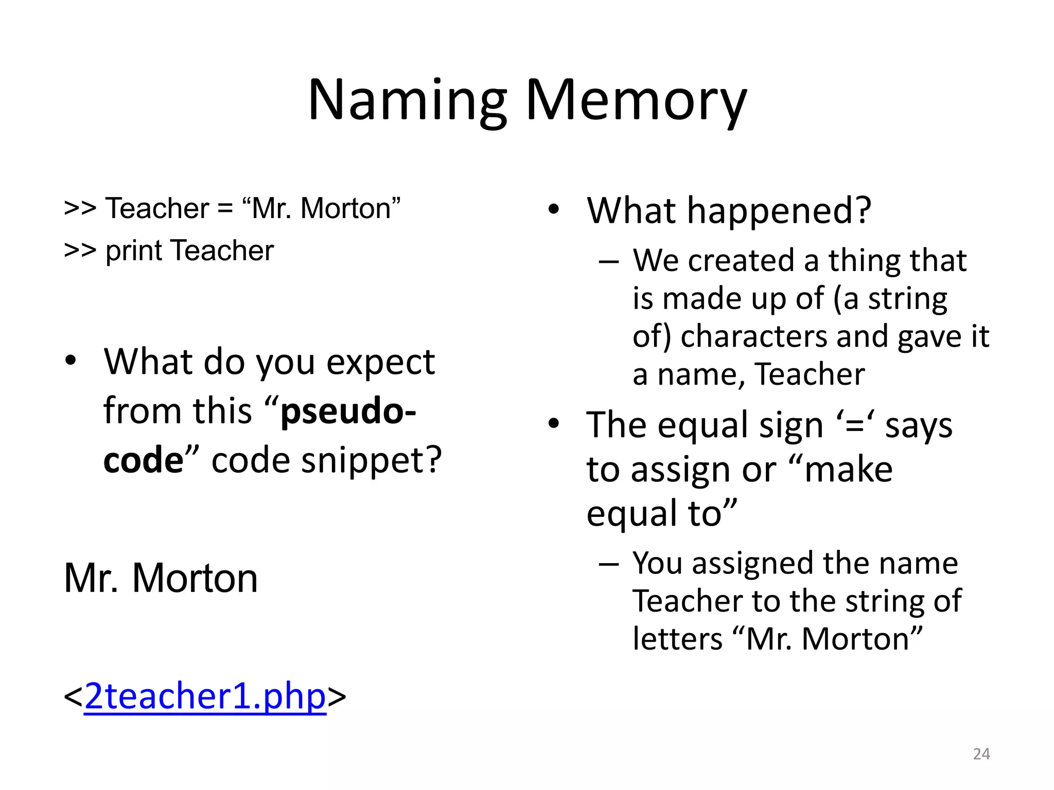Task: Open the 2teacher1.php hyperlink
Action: click(x=205, y=696)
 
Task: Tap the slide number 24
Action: click(x=981, y=754)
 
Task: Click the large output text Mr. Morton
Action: click(x=160, y=578)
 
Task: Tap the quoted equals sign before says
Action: click(x=855, y=426)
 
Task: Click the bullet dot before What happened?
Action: click(x=553, y=210)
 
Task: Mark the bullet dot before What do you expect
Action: click(x=71, y=361)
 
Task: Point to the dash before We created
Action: click(x=608, y=261)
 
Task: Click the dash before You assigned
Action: click(x=608, y=564)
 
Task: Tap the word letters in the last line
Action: click(x=677, y=639)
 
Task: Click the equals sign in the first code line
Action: click(x=225, y=209)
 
